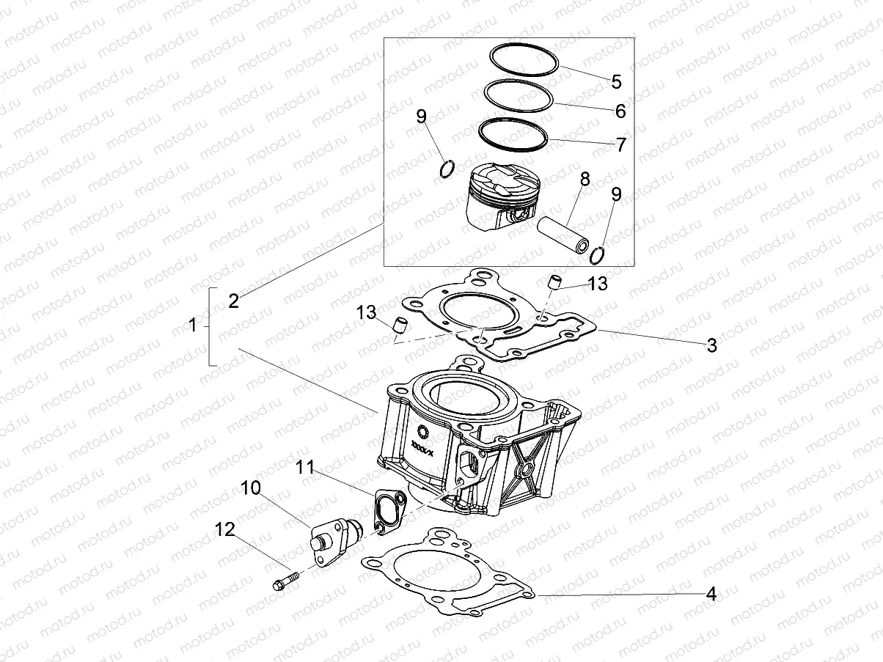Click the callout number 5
point(616,81)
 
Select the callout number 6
point(620,111)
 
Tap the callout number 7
point(620,144)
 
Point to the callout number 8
point(585,179)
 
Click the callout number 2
point(233,301)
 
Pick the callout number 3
point(711,346)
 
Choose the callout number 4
point(710,595)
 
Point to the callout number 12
point(225,529)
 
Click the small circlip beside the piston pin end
point(597,254)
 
